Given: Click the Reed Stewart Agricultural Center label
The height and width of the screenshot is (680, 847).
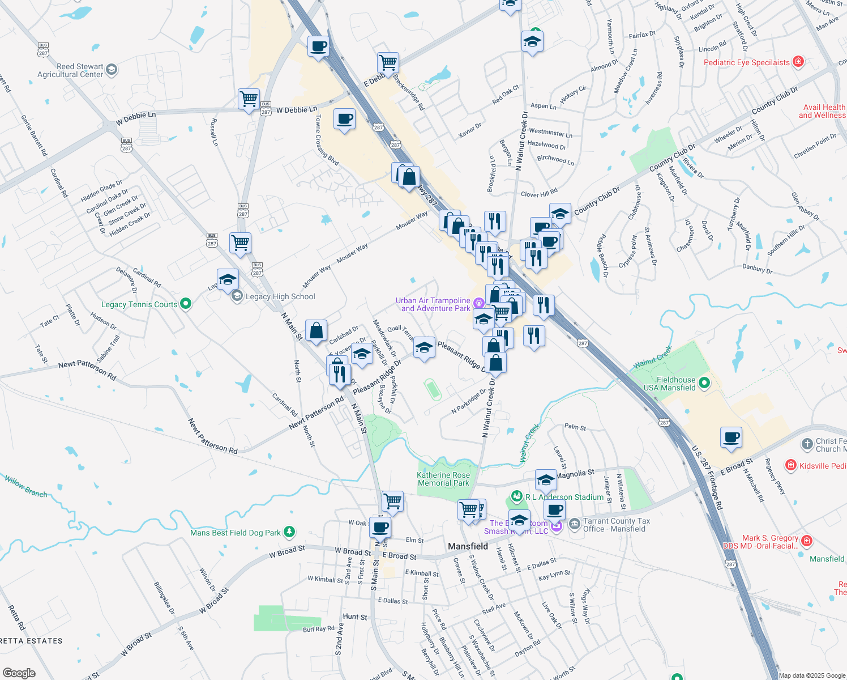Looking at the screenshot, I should [70, 70].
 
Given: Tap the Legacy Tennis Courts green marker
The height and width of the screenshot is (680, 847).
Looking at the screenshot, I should [185, 304].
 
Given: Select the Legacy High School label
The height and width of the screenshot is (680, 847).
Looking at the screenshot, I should [280, 296].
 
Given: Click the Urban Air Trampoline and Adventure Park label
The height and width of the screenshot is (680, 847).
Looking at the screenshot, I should [433, 304].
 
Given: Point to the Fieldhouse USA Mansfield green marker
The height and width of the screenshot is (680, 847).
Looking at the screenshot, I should [704, 383].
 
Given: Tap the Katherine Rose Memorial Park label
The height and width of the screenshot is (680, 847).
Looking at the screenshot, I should [443, 479].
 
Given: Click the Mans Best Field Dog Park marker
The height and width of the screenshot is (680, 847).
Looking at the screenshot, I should [289, 532].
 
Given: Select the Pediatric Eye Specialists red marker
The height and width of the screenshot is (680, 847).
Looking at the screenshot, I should [798, 62].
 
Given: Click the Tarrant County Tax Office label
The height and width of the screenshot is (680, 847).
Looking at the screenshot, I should [617, 525].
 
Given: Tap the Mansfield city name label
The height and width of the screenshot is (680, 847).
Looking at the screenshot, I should [468, 546].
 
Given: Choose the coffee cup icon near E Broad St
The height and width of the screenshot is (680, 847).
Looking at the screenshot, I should [731, 437].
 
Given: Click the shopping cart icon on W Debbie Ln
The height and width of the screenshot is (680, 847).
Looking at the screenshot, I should [249, 99].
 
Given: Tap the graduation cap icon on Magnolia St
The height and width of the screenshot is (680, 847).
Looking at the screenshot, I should [545, 479].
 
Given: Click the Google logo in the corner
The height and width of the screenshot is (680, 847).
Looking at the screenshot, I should [19, 673].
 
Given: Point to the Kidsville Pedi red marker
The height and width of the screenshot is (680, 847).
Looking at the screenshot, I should [790, 465].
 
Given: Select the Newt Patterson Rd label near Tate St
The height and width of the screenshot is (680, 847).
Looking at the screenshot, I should [87, 370].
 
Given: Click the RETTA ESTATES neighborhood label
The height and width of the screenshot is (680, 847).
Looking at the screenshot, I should [31, 641].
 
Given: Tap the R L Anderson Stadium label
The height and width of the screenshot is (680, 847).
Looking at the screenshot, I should [564, 497].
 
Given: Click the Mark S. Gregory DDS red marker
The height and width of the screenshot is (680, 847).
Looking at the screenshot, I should [807, 541].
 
